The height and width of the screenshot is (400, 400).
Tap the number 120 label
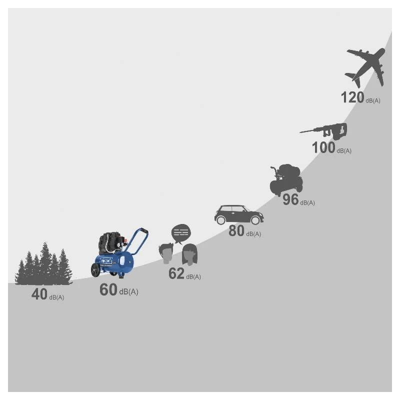click(352, 97)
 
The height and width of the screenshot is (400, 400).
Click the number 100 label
click(323, 147)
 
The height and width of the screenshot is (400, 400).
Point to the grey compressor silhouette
click(286, 179)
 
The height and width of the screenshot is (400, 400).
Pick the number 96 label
click(290, 199)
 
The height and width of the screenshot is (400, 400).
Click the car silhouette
click(239, 215)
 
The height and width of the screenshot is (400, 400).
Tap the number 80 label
click(236, 231)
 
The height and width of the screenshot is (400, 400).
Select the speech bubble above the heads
click(181, 233)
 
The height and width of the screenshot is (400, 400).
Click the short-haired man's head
click(166, 253)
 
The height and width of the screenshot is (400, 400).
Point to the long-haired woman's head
click(189, 254)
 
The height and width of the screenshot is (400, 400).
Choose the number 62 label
click(176, 273)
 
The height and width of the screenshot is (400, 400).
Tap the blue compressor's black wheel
click(95, 270)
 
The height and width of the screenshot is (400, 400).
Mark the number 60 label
click(108, 289)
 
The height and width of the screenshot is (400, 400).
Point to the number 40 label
click(39, 294)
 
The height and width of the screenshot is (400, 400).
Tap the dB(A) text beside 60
click(129, 292)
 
